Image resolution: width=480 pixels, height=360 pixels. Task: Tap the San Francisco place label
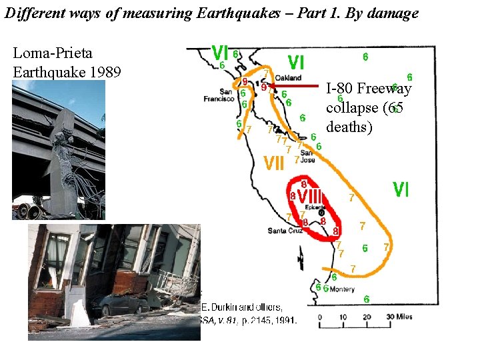point(219,95)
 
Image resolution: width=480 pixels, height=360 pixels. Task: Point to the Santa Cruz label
point(284,231)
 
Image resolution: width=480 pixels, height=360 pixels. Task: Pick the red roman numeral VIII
point(310,197)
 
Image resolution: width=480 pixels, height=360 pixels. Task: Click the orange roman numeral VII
point(275,162)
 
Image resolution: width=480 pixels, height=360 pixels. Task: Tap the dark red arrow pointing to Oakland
point(297,85)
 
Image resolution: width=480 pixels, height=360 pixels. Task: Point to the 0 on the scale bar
point(321,317)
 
